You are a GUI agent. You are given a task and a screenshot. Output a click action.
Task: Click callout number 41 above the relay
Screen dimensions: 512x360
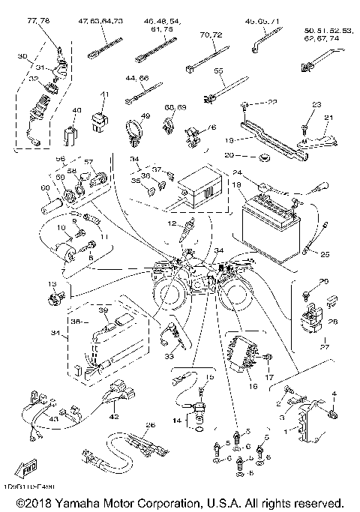(104, 94)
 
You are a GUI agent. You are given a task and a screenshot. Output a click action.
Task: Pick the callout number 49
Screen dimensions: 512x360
(145, 116)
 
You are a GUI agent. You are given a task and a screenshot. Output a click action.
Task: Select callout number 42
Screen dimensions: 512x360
(113, 417)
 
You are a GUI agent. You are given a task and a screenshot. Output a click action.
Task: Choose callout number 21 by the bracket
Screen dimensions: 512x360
(327, 118)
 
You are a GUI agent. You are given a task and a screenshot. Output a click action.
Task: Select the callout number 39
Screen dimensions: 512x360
(104, 310)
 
